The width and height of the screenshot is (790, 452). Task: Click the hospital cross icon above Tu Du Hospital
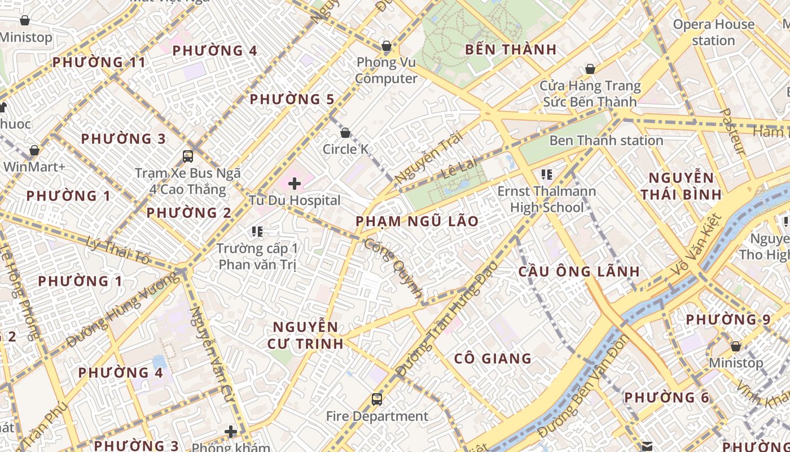click(294, 183)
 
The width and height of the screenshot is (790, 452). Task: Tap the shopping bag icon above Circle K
click(345, 133)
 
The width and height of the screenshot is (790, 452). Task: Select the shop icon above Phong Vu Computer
click(387, 45)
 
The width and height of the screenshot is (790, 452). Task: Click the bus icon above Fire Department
click(377, 399)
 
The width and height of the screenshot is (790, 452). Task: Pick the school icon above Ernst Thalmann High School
click(546, 175)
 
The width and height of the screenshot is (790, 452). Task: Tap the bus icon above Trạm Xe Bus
click(188, 157)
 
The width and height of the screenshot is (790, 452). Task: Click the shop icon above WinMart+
click(34, 151)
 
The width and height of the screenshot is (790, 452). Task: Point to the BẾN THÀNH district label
click(511, 50)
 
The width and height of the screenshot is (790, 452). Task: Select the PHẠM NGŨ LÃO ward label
click(417, 221)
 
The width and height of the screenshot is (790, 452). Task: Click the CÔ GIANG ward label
click(493, 358)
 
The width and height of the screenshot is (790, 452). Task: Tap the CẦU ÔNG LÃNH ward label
click(579, 271)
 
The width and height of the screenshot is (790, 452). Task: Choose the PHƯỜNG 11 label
click(99, 62)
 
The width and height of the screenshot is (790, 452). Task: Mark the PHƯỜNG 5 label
click(292, 99)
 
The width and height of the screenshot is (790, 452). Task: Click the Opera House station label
click(713, 32)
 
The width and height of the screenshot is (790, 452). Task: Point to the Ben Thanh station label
click(606, 140)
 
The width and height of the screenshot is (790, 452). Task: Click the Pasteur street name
click(734, 131)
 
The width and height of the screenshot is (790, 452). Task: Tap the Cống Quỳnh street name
click(393, 268)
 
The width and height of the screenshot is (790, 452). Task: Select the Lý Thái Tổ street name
click(119, 251)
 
